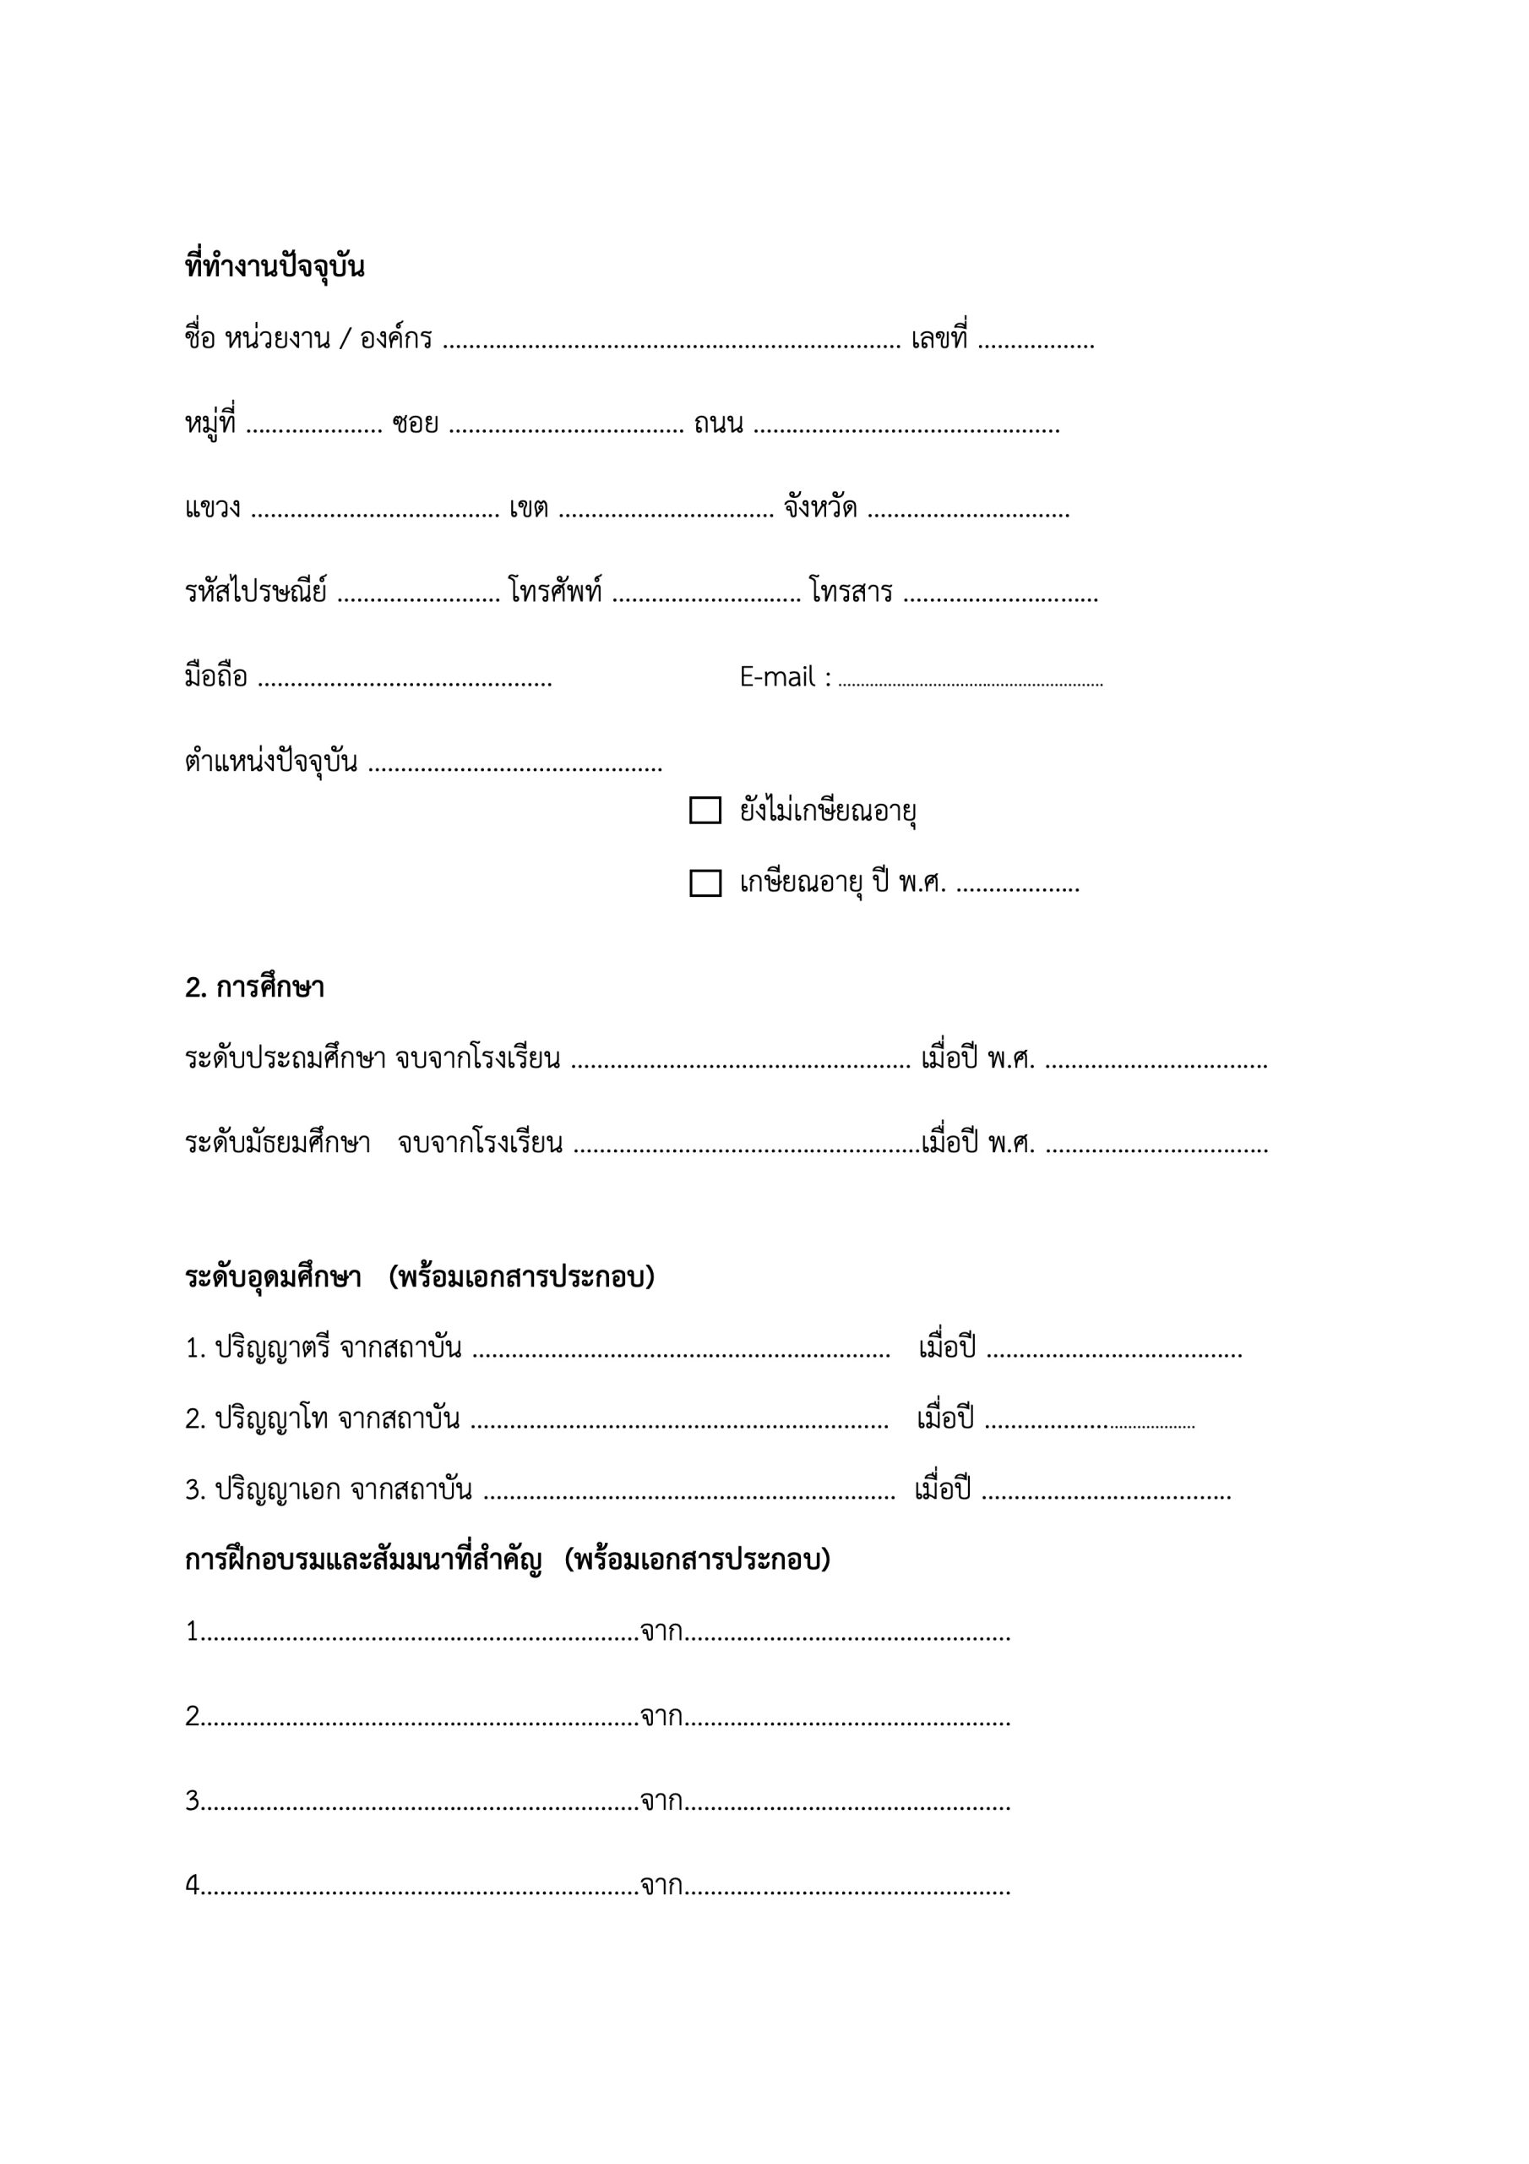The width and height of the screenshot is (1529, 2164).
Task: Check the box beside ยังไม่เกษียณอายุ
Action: coord(705,811)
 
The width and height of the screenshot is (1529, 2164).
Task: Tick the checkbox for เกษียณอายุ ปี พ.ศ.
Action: coord(705,883)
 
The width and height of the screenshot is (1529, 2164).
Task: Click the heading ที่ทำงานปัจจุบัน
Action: coord(275,268)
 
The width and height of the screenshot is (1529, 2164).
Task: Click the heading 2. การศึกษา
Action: coord(254,988)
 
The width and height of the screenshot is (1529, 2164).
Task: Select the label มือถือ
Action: coord(215,677)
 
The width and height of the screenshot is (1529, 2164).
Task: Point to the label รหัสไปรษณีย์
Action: coord(255,592)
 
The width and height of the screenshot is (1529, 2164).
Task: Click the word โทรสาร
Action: coord(851,592)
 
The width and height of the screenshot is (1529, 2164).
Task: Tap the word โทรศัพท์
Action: coord(556,592)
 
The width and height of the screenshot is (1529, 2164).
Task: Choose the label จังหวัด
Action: coord(819,509)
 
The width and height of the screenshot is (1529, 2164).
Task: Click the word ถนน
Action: coord(718,424)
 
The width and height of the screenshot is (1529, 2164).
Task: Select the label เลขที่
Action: coord(939,339)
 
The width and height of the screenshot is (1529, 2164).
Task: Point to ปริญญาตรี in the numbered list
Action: coord(272,1349)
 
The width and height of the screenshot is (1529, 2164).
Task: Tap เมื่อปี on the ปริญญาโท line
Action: coord(945,1418)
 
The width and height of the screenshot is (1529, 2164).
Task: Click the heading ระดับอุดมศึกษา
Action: coord(273,1277)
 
